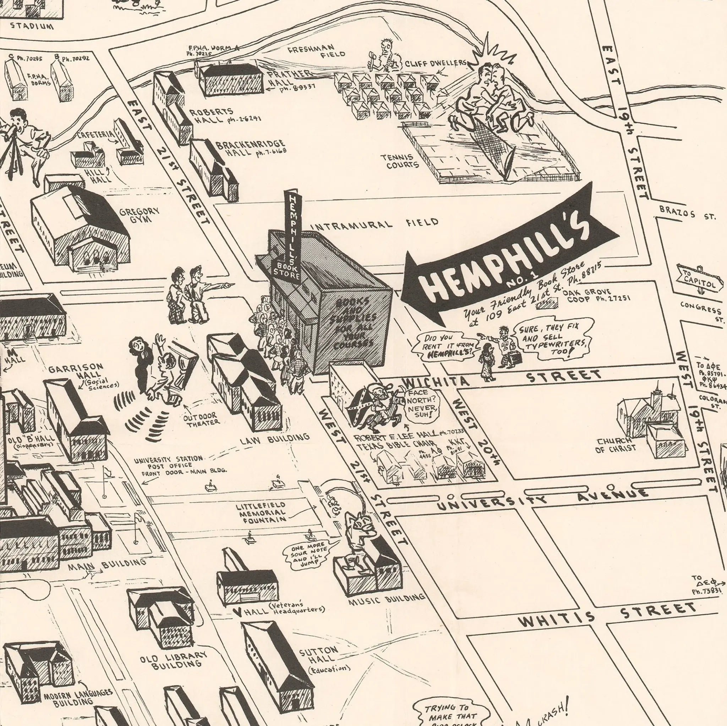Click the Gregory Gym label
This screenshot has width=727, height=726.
click(x=139, y=215)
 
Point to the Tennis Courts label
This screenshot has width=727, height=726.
click(x=402, y=161)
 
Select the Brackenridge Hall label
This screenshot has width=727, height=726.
click(x=250, y=148)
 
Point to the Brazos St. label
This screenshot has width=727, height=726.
click(x=687, y=213)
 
